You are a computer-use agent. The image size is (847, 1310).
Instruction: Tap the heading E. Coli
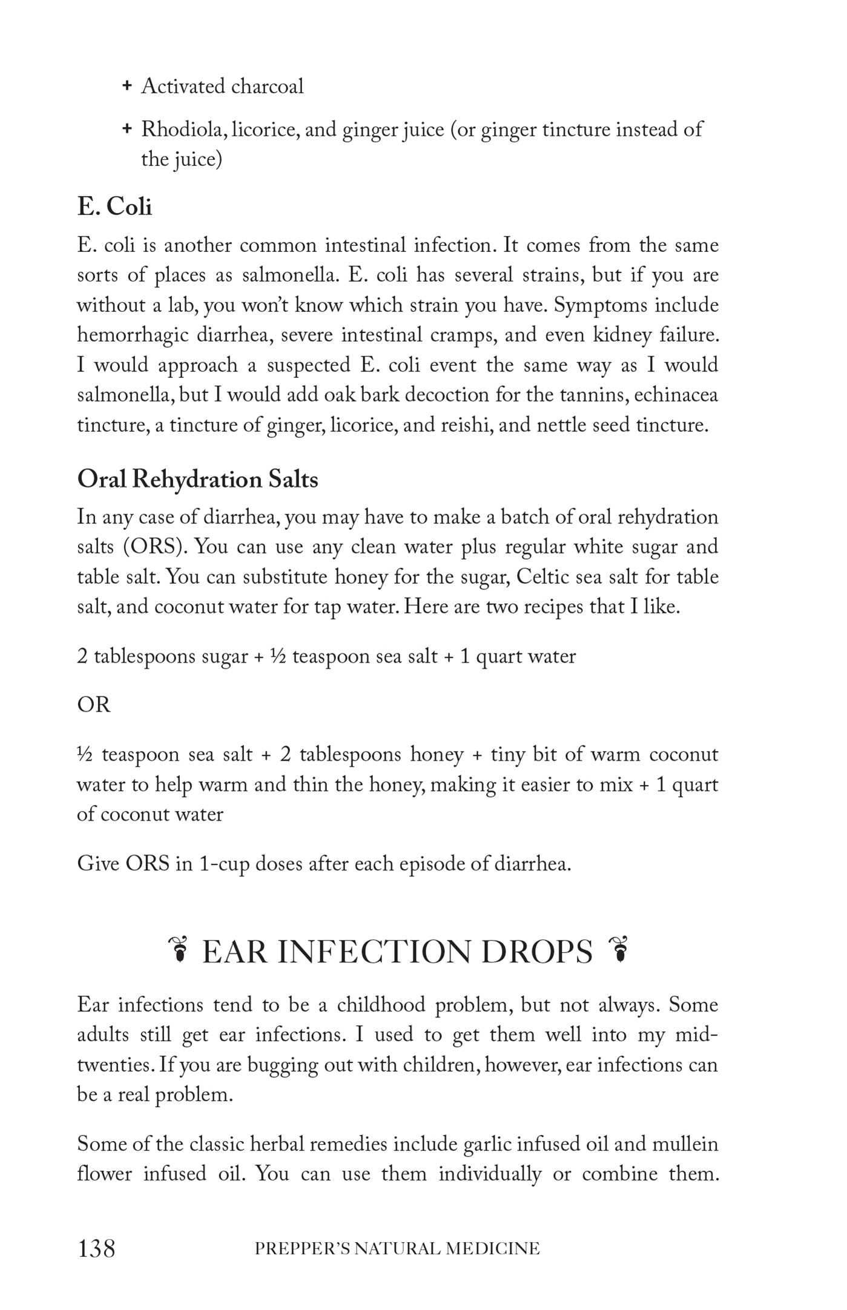click(114, 207)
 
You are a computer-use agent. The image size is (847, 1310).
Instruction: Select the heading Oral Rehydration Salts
click(197, 479)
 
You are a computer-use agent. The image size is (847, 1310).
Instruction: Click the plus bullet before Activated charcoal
click(127, 86)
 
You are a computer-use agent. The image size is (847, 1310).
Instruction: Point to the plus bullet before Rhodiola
click(127, 128)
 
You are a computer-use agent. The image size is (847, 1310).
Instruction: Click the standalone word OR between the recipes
click(94, 705)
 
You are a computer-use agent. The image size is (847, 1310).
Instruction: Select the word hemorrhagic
click(133, 335)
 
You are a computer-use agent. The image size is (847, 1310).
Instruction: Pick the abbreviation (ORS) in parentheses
click(155, 547)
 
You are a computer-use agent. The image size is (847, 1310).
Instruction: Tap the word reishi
click(460, 425)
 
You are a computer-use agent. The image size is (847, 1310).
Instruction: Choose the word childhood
click(381, 1005)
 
